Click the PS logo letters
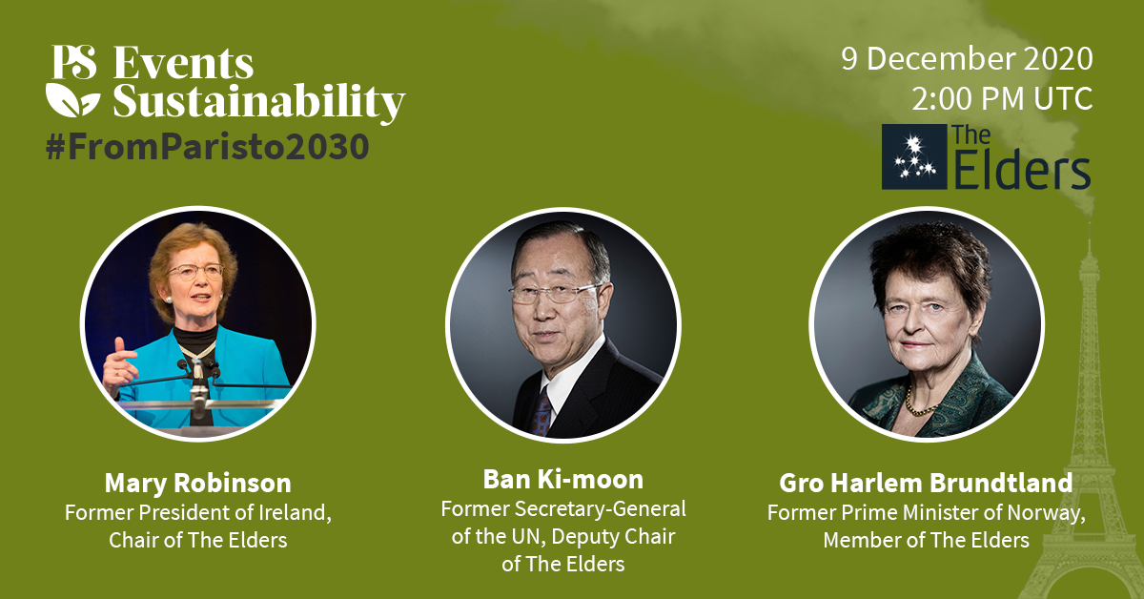point(74,62)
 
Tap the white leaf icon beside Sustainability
point(72,99)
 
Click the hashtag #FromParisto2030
point(208,147)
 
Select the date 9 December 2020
point(967,59)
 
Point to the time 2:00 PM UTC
point(1002,98)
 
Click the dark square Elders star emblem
point(914,157)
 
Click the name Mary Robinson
point(197,483)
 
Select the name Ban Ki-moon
point(563,480)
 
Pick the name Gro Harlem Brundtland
point(926,483)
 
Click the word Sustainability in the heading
point(259,102)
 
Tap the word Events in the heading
point(183,63)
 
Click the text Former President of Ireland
point(197,512)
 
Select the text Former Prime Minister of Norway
point(926,512)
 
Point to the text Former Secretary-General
point(563,509)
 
